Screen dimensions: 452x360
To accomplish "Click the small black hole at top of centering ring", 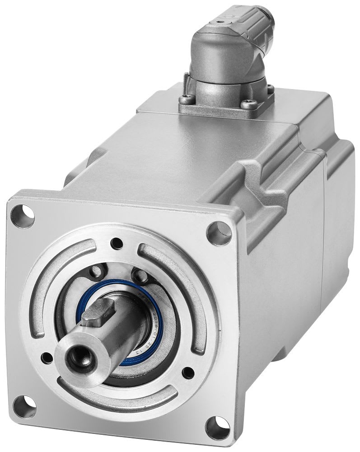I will (118, 241).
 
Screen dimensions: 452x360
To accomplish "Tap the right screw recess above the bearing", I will (138, 274).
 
